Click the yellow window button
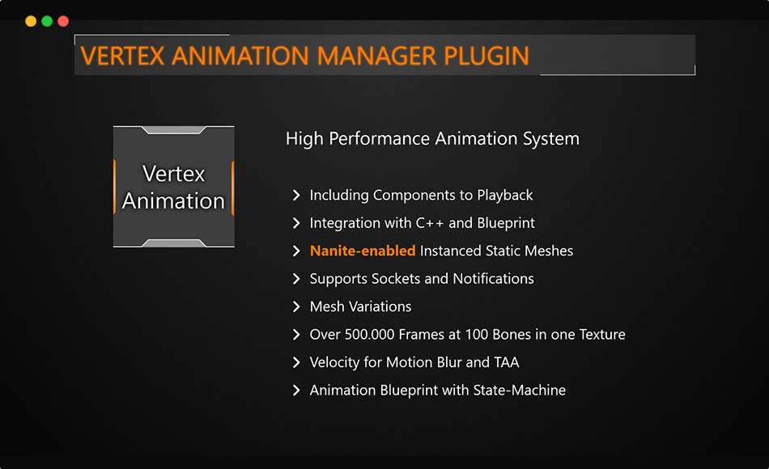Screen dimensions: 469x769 [31, 21]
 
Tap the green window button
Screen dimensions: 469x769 [47, 21]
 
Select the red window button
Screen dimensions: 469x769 [63, 21]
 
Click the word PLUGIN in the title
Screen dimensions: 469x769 [486, 56]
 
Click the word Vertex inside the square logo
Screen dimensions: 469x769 [173, 174]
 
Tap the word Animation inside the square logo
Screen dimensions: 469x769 [173, 201]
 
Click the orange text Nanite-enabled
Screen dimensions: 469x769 [363, 251]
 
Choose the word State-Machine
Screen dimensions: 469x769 [521, 390]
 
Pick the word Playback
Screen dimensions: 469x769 [505, 195]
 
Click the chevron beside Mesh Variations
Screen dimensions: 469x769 [296, 306]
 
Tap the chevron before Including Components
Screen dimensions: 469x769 [296, 195]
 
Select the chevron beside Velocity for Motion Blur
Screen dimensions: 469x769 [296, 362]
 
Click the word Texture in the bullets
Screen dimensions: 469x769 [600, 334]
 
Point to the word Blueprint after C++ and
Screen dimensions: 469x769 [505, 223]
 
